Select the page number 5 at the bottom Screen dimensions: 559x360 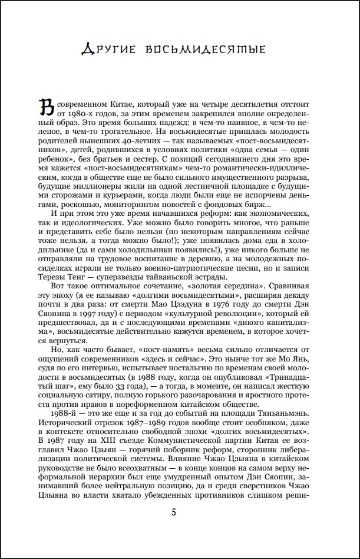point(174,511)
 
